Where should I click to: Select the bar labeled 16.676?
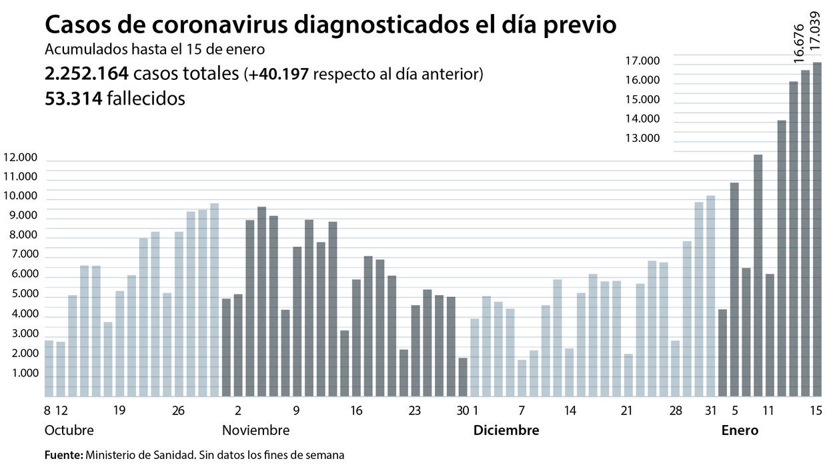click(x=805, y=232)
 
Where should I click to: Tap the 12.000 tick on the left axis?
click(x=20, y=158)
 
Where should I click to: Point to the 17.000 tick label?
click(x=641, y=61)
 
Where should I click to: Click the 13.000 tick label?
click(x=641, y=139)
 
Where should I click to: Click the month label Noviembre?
click(x=255, y=430)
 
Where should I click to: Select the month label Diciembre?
click(x=506, y=430)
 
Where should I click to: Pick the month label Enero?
click(x=740, y=430)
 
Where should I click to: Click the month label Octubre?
click(x=69, y=430)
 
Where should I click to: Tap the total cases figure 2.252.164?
click(x=89, y=74)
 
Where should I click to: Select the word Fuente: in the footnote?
click(x=63, y=456)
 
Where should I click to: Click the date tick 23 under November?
click(x=415, y=410)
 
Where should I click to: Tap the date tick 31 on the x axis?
click(x=710, y=410)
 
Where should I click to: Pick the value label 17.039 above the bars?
click(x=815, y=29)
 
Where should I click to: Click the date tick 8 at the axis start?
click(x=48, y=410)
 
